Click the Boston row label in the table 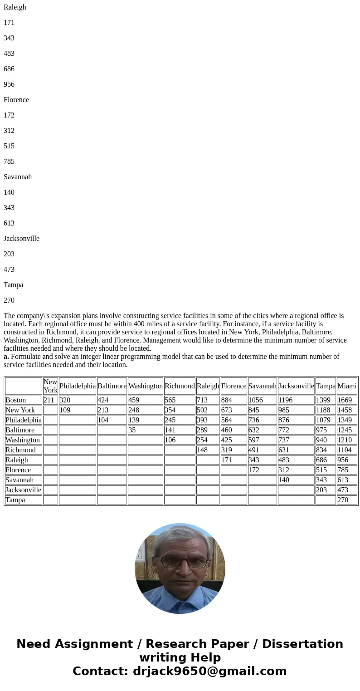pos(15,400)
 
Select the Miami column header pos(347,386)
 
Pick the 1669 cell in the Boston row pos(345,400)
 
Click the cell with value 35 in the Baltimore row pos(132,430)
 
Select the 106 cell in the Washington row pos(170,440)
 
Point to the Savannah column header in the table pos(262,386)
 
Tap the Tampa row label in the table pos(15,500)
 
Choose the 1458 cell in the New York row pos(345,410)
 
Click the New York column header pos(50,386)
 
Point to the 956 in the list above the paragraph pos(9,84)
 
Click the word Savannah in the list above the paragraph pos(18,177)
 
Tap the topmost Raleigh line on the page pos(15,7)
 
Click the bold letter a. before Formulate pos(6,357)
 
